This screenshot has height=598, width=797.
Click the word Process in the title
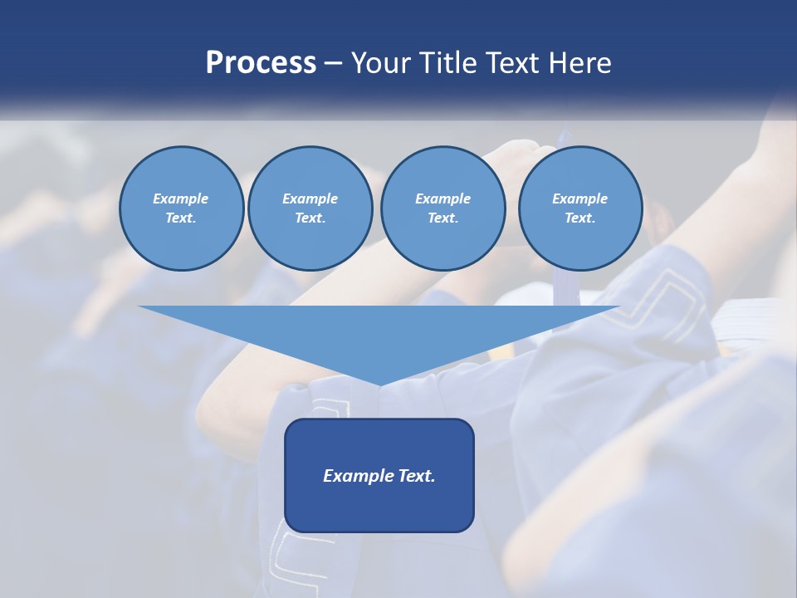tap(261, 63)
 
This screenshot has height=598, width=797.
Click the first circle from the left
tap(181, 208)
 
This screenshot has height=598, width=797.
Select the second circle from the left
tap(310, 208)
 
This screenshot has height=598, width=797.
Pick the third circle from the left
tap(443, 208)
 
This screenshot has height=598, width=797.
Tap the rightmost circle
tap(579, 208)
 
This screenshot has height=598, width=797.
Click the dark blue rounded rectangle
tap(379, 475)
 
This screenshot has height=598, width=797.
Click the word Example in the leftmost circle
tap(181, 199)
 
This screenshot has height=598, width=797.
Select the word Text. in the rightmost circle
tap(579, 218)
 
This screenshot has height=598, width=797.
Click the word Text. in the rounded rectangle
tap(417, 476)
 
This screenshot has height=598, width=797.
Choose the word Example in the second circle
tap(310, 199)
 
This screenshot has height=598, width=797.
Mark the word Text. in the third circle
tap(443, 218)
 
